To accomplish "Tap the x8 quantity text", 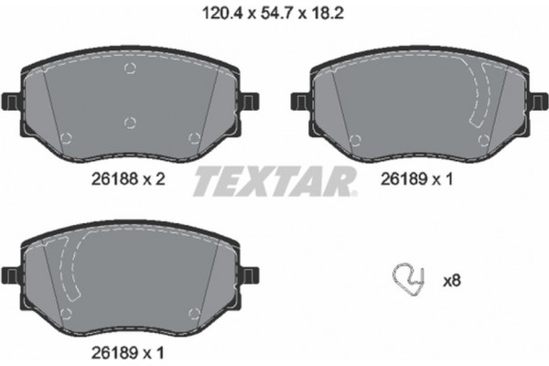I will [451, 281].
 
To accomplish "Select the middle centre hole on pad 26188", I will [130, 122].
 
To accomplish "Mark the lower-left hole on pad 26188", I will [66, 138].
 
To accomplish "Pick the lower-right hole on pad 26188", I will [194, 138].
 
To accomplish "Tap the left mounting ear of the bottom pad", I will [10, 273].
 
